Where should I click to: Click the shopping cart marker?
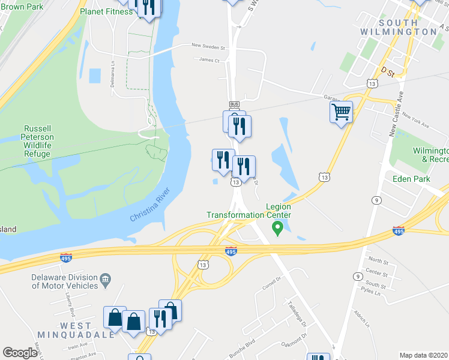click(x=341, y=112)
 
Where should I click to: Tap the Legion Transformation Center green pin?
click(x=277, y=227)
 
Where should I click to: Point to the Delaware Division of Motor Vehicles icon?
click(x=105, y=278)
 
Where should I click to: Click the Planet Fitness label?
click(x=106, y=11)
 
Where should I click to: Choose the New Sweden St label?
click(x=208, y=46)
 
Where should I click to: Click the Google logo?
click(x=20, y=353)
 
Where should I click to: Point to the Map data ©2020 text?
click(x=423, y=355)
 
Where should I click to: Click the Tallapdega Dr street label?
click(x=297, y=313)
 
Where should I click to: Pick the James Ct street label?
click(x=209, y=60)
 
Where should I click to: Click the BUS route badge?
click(x=234, y=104)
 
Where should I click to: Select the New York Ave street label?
click(x=416, y=121)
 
